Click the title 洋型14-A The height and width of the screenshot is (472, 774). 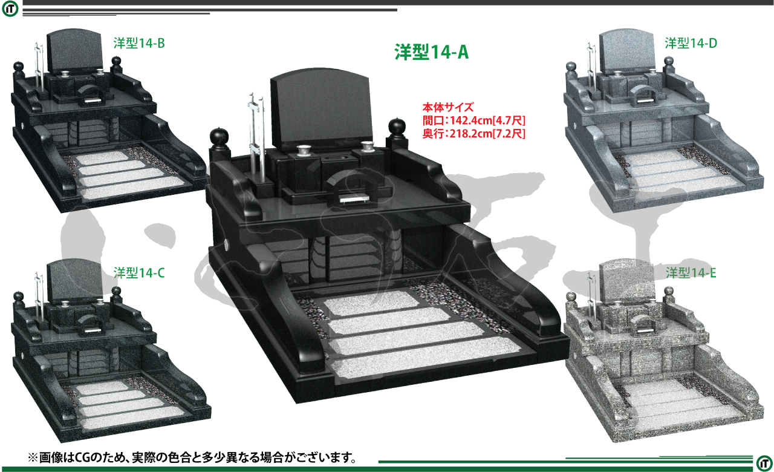point(431,52)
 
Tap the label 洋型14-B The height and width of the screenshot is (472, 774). point(139,43)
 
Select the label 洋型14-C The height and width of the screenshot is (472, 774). point(139,273)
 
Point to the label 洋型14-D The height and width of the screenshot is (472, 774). point(691,43)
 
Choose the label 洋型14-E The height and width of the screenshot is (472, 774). point(691,273)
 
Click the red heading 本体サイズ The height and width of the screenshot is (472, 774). point(448,108)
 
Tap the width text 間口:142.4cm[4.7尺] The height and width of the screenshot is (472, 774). point(473,120)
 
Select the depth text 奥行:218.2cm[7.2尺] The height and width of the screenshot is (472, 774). point(473,133)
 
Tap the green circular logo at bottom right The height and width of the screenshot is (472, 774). point(764,463)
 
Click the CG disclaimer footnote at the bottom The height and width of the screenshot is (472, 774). point(192,457)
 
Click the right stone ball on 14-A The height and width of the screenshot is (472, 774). point(396,126)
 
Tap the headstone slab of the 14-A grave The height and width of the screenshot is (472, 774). point(321,110)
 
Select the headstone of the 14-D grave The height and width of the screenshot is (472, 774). point(627,52)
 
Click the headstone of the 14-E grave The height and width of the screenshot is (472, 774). point(627,281)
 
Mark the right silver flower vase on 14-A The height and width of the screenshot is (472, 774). point(368,145)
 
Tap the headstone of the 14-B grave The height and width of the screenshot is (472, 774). point(75,52)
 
